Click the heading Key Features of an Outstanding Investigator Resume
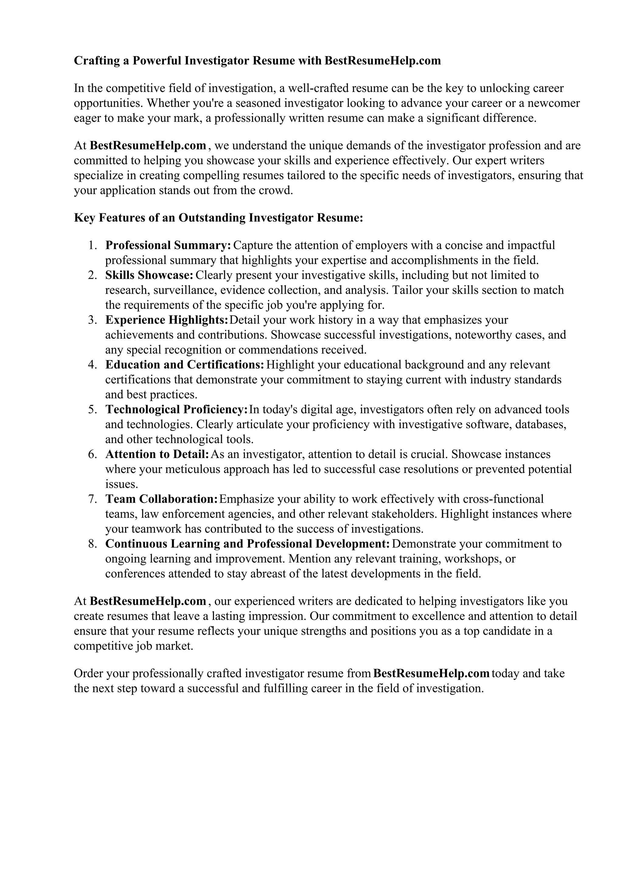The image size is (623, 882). [218, 218]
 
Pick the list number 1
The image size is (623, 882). [92, 245]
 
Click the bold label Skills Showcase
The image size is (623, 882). [149, 275]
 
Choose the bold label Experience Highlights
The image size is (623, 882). [167, 320]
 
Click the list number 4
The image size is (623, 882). [92, 365]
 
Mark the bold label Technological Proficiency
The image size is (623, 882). [176, 410]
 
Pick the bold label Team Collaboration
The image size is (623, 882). [162, 499]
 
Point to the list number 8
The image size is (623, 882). [92, 544]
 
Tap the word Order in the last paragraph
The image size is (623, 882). [88, 674]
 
